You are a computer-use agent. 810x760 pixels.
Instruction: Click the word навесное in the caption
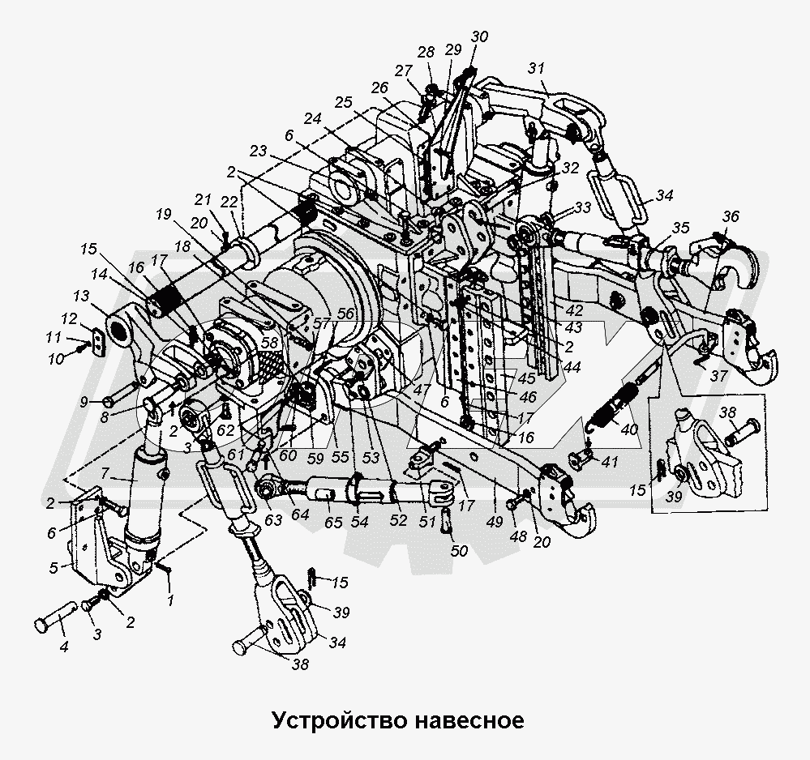[x=469, y=721]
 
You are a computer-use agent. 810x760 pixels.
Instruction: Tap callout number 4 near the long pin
[x=63, y=646]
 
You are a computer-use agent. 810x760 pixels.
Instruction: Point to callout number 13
[x=81, y=297]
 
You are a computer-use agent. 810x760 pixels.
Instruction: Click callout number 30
[x=479, y=36]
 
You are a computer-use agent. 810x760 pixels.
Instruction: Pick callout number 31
[x=536, y=69]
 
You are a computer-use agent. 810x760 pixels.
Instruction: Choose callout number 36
[x=731, y=216]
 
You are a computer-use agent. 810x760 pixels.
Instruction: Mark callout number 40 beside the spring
[x=630, y=429]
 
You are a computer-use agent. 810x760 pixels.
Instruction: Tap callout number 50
[x=459, y=550]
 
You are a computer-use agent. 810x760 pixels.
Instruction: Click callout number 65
[x=333, y=522]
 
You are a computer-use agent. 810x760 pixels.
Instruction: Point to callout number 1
[x=170, y=600]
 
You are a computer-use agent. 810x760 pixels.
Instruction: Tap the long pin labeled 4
[x=56, y=616]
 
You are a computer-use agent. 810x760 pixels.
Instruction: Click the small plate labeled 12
[x=98, y=343]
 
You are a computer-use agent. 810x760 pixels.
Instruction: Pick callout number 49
[x=495, y=522]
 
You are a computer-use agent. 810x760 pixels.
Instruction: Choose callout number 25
[x=343, y=103]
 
